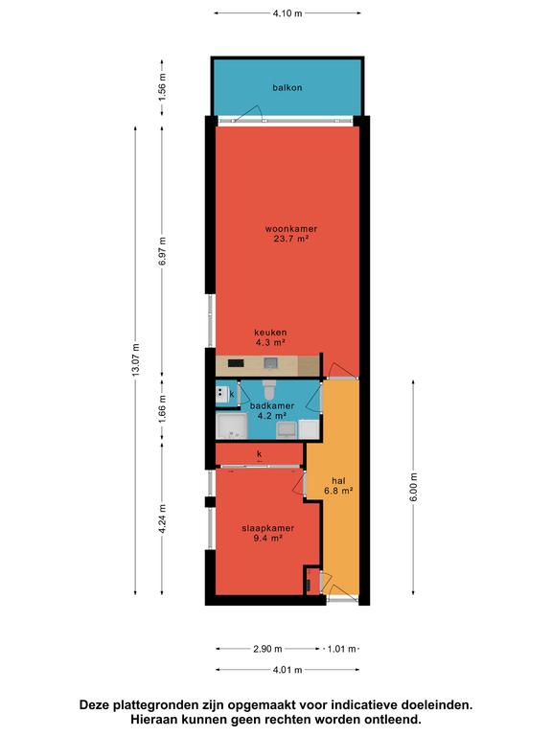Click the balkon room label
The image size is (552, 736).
287,88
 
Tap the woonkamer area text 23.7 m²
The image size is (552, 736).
290,239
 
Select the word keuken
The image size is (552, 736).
270,333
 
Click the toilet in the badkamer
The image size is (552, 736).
269,389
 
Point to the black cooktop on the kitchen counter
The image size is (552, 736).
236,363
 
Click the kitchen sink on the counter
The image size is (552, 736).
270,363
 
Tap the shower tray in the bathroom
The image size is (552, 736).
231,426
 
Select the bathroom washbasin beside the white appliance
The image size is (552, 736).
287,429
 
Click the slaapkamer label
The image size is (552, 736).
268,528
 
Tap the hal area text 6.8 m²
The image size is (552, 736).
338,491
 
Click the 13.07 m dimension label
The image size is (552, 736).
136,360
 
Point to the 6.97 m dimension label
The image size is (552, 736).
162,251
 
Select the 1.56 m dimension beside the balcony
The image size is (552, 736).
162,87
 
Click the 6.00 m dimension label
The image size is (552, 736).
414,487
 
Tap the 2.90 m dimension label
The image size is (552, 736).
267,649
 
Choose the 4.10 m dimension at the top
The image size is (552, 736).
287,13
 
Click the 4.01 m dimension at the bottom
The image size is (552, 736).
287,670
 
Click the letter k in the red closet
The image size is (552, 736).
259,454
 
